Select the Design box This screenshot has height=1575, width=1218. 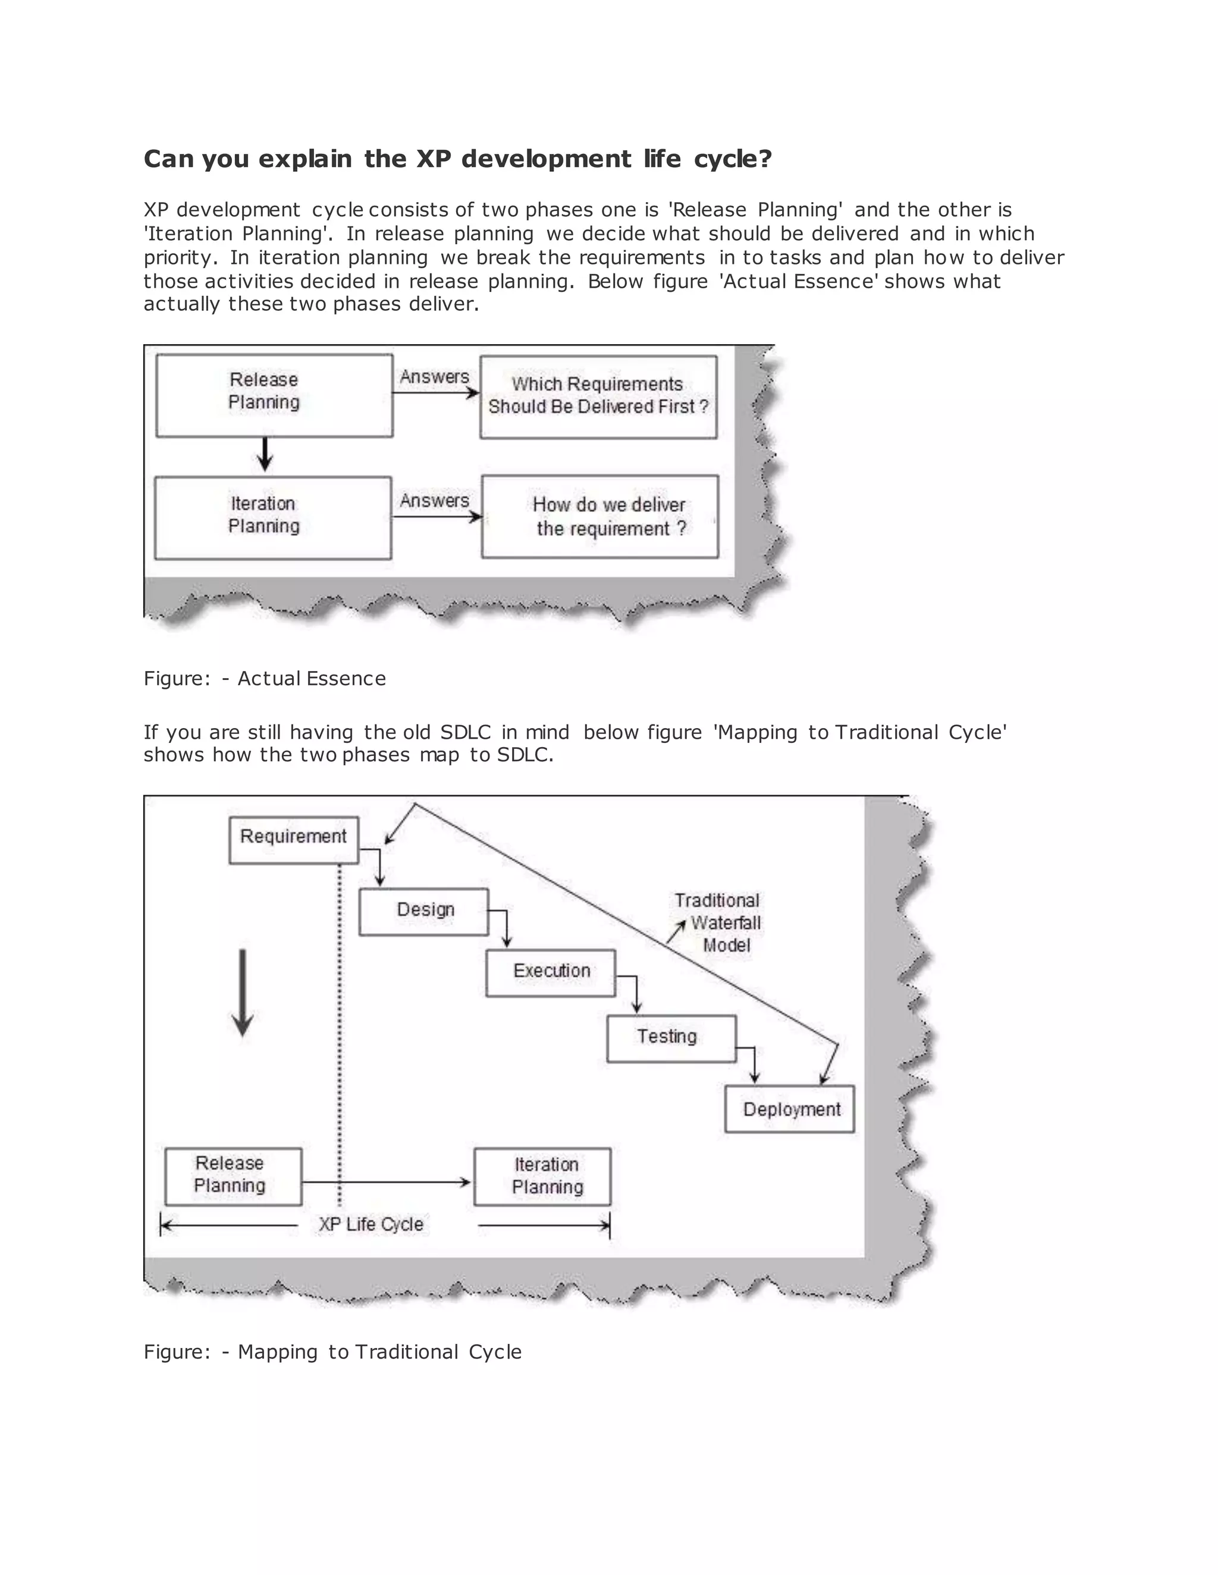point(423,912)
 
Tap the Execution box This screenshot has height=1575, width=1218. point(551,973)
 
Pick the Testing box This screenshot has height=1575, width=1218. point(671,1038)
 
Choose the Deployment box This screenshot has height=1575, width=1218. point(789,1109)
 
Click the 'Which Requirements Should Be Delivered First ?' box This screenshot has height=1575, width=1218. point(598,396)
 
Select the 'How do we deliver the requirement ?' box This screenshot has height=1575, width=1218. point(599,516)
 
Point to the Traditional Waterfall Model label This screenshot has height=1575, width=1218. point(718,923)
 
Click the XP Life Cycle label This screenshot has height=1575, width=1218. point(371,1224)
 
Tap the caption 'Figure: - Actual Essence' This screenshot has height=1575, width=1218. point(265,679)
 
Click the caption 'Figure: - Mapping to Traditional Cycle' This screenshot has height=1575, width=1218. point(332,1352)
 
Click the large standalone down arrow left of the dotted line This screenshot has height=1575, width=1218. point(243,993)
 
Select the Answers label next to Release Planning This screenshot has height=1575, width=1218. point(434,377)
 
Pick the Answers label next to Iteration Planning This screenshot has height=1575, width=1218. point(434,500)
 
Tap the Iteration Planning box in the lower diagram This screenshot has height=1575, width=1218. point(542,1176)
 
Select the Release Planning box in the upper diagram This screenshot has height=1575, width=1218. point(274,395)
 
